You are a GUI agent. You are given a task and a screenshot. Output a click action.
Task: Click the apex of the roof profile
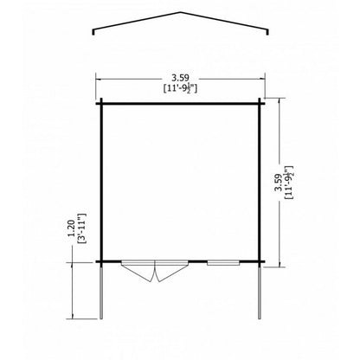point(181,12)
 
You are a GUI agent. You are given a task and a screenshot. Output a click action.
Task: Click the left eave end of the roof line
point(93,34)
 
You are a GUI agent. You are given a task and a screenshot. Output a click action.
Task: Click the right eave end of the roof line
point(267,34)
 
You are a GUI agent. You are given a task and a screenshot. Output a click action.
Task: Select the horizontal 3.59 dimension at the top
point(180,78)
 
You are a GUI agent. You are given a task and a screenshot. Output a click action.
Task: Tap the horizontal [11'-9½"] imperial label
point(180,87)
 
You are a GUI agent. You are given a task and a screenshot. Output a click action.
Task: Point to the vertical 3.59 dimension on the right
point(278,183)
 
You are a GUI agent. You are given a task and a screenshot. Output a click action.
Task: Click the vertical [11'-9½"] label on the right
point(288,183)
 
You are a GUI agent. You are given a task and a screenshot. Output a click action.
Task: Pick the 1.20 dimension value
point(71,228)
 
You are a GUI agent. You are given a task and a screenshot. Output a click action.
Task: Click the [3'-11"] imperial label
point(82,228)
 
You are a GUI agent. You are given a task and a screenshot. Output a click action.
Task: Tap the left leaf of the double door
point(138,271)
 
